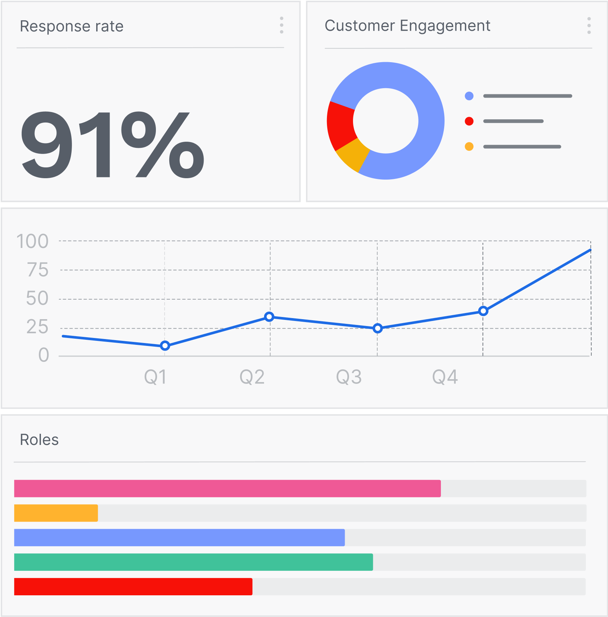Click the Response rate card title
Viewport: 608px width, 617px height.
(72, 26)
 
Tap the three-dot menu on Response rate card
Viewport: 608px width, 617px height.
(281, 25)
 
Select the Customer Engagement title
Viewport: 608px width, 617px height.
(407, 26)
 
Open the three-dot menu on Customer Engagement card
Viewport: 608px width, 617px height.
(589, 26)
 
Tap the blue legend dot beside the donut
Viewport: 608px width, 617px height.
(469, 96)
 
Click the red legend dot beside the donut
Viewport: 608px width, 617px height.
(469, 121)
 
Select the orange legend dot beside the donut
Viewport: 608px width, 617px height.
(469, 146)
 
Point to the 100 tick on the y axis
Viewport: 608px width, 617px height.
(33, 241)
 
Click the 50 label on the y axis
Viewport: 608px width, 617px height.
(37, 299)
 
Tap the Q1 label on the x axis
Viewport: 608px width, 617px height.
(155, 377)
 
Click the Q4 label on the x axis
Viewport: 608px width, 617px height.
(445, 377)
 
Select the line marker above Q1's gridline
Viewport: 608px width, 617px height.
(165, 346)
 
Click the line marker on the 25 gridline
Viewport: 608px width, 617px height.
(378, 328)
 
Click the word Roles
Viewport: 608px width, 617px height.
(39, 440)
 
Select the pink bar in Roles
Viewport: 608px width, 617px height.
(227, 488)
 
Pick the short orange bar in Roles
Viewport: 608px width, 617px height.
(56, 513)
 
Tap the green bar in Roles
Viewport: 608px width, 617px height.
(193, 562)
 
